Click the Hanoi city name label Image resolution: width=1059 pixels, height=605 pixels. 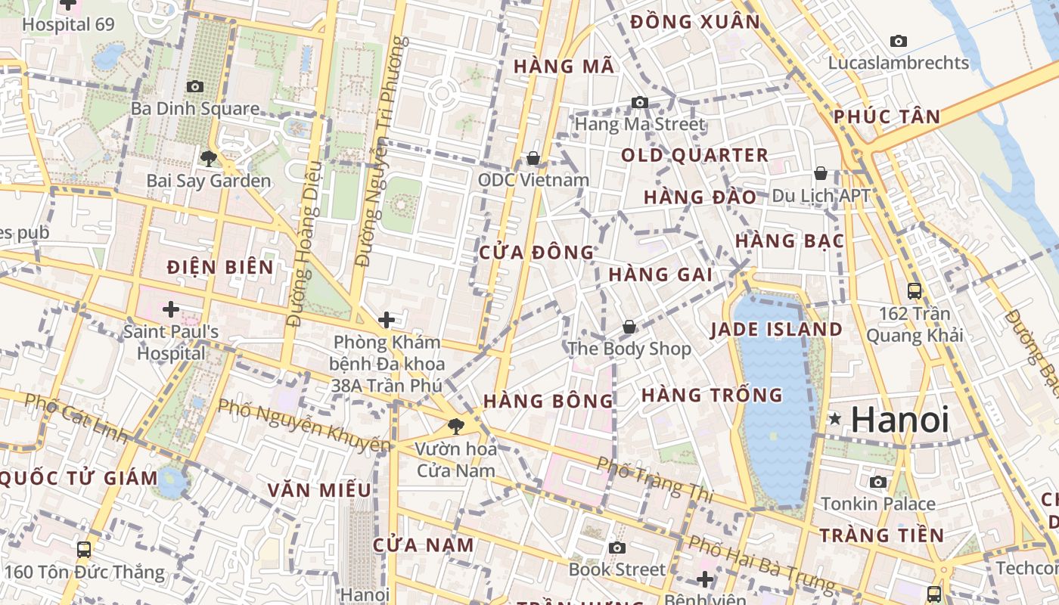tap(900, 420)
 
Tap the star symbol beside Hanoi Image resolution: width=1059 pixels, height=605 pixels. tap(835, 418)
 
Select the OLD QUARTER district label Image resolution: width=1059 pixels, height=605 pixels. tap(694, 156)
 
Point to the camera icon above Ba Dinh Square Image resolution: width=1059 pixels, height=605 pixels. tap(195, 87)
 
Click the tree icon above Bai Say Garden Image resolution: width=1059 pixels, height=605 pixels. tap(208, 159)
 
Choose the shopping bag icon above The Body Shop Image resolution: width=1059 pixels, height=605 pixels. tap(629, 327)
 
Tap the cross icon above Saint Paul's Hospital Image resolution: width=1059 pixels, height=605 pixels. tap(171, 309)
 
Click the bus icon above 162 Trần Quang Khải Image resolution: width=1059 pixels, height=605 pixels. tap(914, 290)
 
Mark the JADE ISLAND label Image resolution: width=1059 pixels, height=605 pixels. tap(776, 330)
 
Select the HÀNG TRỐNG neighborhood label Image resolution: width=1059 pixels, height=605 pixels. tap(712, 395)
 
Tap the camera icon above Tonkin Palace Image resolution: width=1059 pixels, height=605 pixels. tap(878, 482)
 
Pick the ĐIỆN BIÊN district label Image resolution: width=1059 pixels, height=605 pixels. tap(220, 267)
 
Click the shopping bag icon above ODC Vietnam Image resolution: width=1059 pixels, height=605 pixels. tap(533, 158)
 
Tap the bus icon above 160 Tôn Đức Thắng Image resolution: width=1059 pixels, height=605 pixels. tap(84, 550)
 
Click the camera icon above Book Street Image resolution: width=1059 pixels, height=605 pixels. tap(617, 548)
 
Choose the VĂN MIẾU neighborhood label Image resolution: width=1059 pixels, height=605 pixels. tap(319, 490)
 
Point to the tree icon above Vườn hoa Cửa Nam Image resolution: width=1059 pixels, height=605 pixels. tap(455, 427)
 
